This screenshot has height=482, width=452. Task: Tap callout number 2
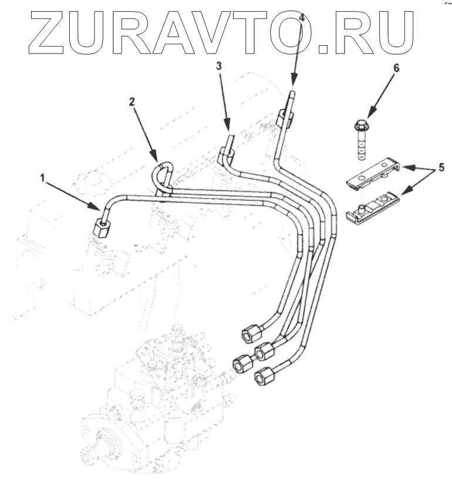click(133, 101)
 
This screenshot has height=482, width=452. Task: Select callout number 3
click(218, 67)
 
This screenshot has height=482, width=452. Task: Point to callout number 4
click(302, 18)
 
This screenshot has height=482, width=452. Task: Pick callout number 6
click(396, 68)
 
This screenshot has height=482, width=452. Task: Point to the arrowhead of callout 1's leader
click(100, 208)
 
